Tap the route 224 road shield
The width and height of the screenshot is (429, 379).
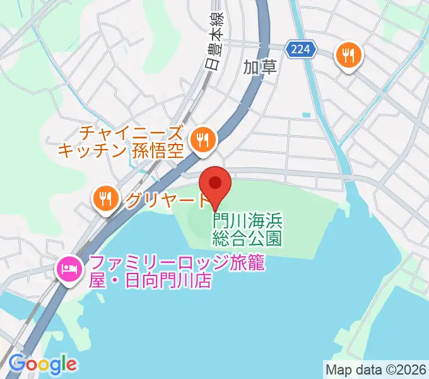(x=300, y=49)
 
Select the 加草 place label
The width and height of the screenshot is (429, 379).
(x=261, y=67)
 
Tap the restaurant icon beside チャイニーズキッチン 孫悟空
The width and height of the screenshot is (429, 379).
(x=203, y=138)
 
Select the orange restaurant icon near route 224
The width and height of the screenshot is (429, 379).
(x=348, y=55)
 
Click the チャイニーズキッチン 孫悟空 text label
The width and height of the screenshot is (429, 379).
(x=123, y=141)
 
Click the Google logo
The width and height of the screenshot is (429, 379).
(x=42, y=364)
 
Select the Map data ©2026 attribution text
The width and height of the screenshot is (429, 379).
(x=376, y=368)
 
